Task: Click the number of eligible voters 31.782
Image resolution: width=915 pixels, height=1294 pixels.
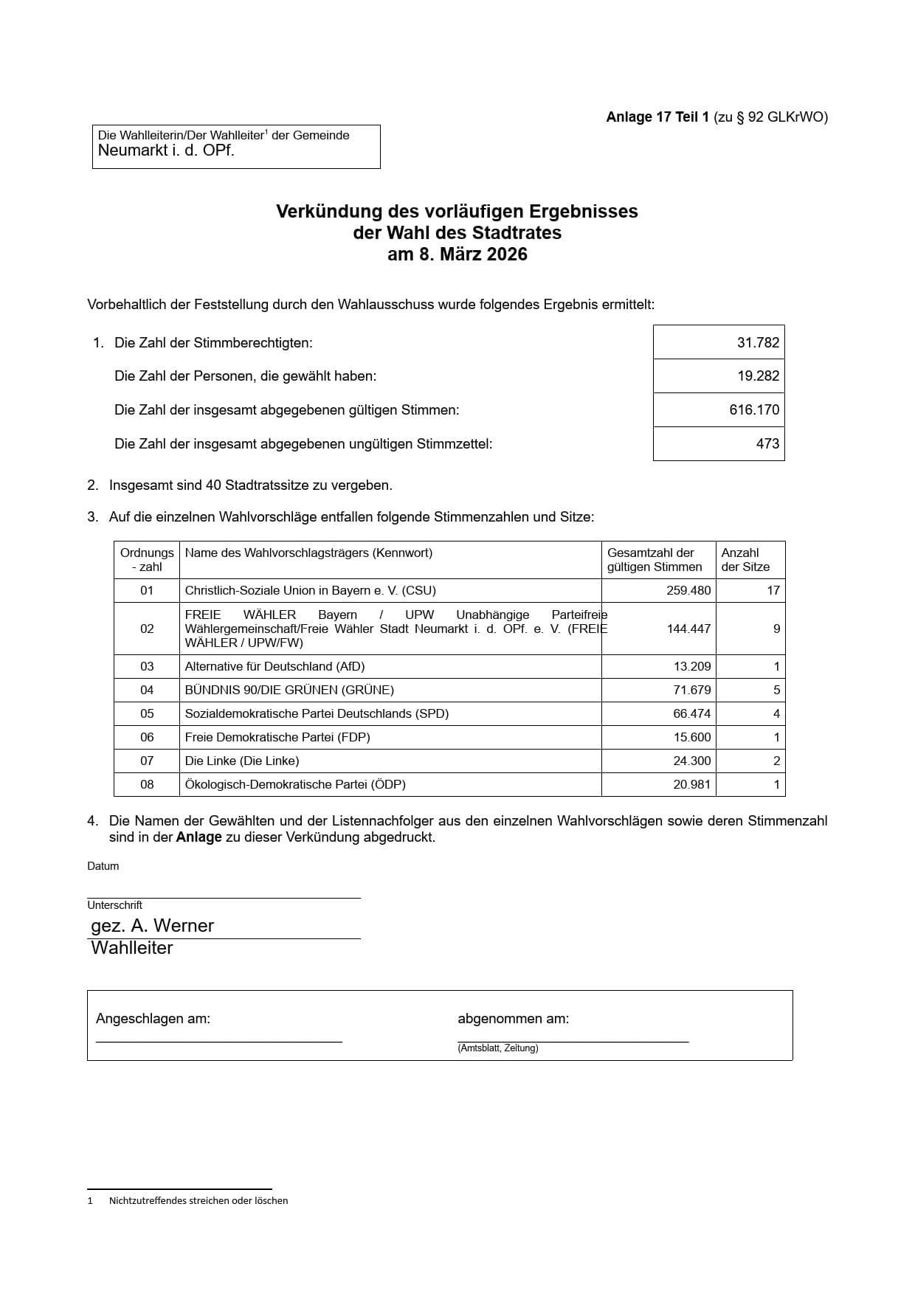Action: [758, 342]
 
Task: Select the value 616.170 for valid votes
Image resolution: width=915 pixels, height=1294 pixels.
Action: [754, 409]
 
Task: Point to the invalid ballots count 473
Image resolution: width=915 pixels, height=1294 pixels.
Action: [767, 443]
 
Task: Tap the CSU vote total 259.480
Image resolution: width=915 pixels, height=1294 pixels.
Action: [688, 590]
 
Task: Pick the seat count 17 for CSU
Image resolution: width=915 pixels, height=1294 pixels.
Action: [773, 590]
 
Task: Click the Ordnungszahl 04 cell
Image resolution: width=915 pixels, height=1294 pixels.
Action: [147, 690]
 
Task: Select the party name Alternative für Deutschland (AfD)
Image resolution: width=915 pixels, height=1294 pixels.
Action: [274, 666]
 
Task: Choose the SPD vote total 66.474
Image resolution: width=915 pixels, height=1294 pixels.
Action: [691, 713]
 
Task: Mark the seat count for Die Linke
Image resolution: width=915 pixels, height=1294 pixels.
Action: [776, 761]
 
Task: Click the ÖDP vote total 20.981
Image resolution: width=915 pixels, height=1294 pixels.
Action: [691, 784]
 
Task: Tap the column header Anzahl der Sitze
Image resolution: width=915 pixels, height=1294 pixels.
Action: [745, 560]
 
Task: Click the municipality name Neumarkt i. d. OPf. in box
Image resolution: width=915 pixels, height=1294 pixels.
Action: [166, 151]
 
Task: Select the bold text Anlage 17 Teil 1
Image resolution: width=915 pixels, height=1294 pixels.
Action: [657, 117]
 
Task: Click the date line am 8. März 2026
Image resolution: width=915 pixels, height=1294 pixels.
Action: [457, 255]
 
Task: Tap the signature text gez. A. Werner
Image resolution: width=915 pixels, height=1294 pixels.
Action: [152, 926]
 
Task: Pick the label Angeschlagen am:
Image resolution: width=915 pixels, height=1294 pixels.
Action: [153, 1019]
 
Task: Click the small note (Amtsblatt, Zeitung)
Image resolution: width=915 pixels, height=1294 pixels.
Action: [497, 1048]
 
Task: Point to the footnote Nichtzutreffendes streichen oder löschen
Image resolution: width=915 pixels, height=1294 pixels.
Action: [198, 1200]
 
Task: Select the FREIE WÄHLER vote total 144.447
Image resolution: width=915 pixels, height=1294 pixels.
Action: [688, 629]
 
